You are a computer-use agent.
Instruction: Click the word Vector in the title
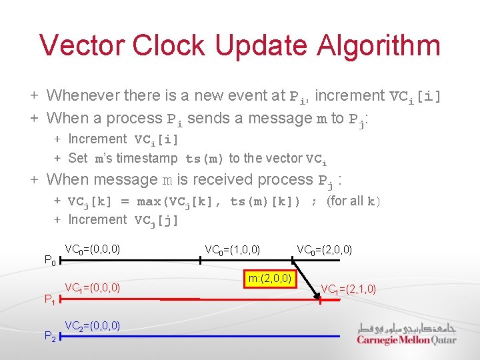pos(81,45)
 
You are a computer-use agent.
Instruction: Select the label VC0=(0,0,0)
pos(93,249)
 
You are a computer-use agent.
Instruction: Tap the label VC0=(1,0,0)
pos(233,250)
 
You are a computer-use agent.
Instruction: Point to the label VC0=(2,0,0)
pos(325,250)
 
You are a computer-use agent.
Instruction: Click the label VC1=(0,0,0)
pos(93,288)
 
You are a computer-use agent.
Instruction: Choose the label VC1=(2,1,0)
pos(349,289)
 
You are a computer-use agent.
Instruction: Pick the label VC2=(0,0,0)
pos(93,325)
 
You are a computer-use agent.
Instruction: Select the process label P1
pos(49,300)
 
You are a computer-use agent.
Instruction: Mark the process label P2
pos(49,337)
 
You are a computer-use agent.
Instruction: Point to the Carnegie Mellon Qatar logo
pos(407,333)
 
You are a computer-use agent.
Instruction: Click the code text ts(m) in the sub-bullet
pos(205,159)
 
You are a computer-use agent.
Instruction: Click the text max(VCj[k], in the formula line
pos(180,201)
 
